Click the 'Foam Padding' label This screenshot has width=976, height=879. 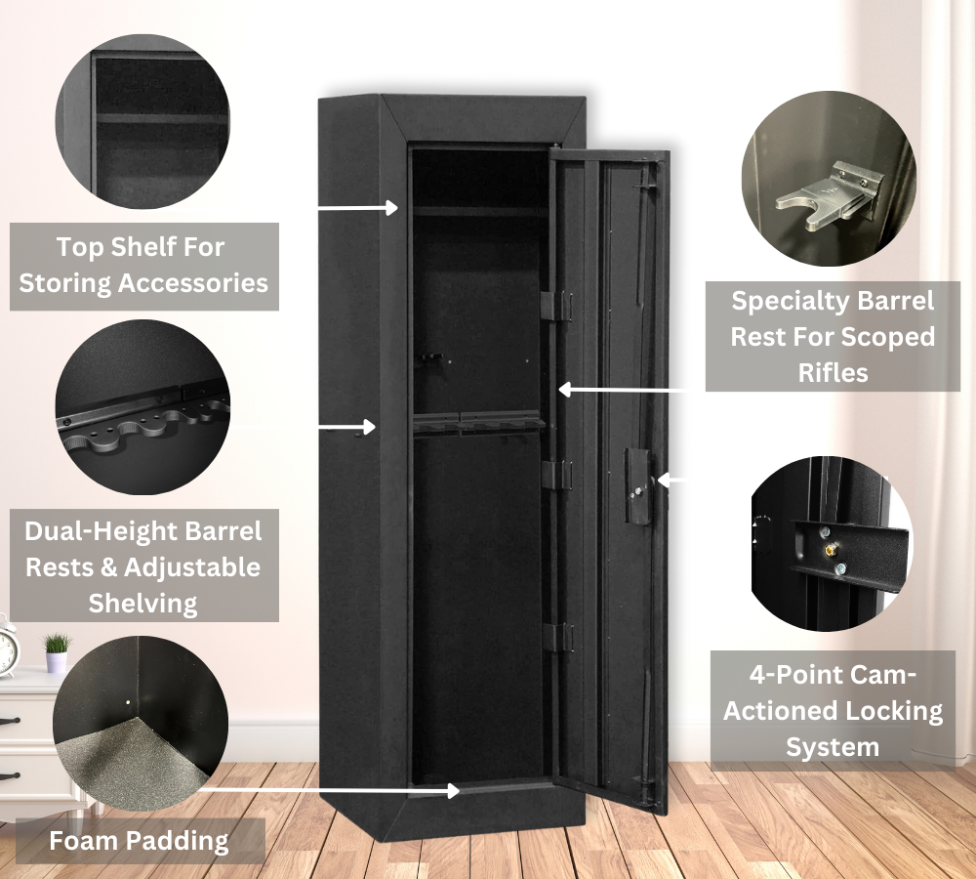point(139,841)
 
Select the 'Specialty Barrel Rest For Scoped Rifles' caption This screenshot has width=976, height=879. point(833,336)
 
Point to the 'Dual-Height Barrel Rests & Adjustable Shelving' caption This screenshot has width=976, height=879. point(143,566)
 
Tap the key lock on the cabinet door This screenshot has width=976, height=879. point(638,491)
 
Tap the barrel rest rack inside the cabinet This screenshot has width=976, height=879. point(478,426)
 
